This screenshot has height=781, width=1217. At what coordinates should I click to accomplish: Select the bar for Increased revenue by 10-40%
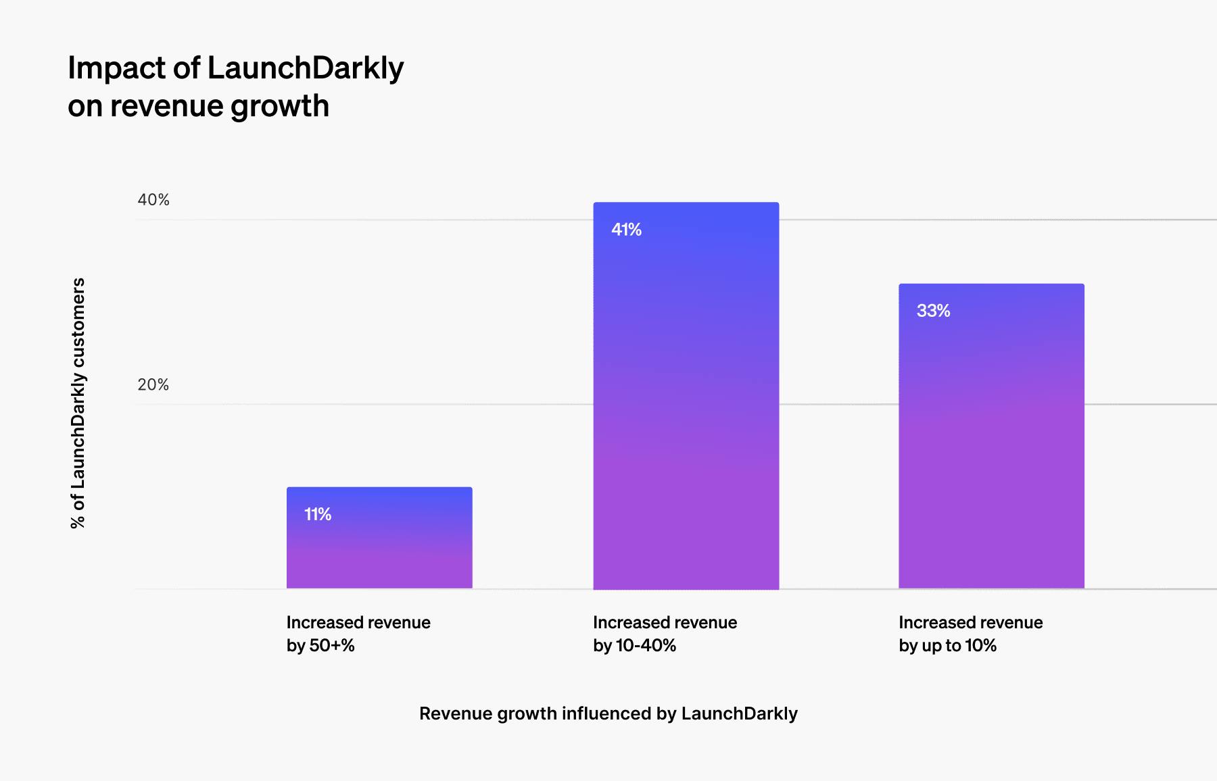pos(686,405)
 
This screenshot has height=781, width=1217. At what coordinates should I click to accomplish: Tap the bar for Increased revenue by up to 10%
pos(991,439)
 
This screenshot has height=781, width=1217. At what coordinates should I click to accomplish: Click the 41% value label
pos(626,230)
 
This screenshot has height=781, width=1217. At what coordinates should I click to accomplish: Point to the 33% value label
pos(933,311)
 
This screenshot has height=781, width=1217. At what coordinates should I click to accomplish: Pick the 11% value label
pos(318,515)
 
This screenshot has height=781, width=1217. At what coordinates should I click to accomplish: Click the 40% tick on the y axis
pos(153,200)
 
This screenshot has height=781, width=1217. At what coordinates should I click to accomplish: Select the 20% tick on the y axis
pos(153,385)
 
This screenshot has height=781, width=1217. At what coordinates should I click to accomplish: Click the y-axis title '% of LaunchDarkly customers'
pos(78,403)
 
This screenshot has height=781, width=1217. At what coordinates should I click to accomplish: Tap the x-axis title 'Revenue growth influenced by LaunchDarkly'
pos(608,713)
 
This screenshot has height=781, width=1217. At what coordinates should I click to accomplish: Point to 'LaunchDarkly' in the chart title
pos(306,68)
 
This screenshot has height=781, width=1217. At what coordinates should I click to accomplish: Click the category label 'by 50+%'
pos(320,646)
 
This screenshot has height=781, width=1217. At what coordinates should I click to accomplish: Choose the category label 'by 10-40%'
pos(634,646)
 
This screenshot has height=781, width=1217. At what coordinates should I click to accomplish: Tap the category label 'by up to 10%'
pos(947,646)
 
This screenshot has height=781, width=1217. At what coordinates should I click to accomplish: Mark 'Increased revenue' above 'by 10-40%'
pos(665,622)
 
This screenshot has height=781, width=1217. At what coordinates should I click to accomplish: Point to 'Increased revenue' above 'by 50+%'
pos(358,622)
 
